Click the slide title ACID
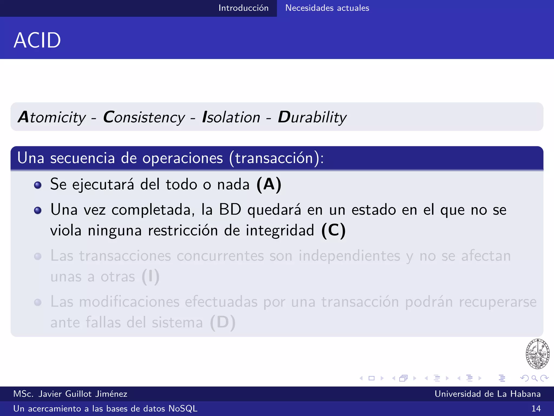click(37, 40)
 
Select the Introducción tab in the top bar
click(243, 8)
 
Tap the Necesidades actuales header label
click(327, 8)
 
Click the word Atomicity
click(52, 117)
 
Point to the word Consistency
click(144, 117)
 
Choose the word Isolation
click(231, 117)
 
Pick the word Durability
click(312, 117)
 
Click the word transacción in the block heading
click(274, 158)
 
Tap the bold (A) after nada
click(269, 184)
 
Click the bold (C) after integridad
click(333, 230)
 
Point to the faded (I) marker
click(151, 277)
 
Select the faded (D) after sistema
click(223, 322)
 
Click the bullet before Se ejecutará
click(38, 185)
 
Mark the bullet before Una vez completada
click(38, 210)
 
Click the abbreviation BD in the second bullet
click(230, 210)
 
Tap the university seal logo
click(537, 354)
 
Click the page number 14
click(536, 408)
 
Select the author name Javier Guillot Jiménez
click(83, 394)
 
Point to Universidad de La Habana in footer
click(487, 394)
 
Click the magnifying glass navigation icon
click(534, 378)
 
